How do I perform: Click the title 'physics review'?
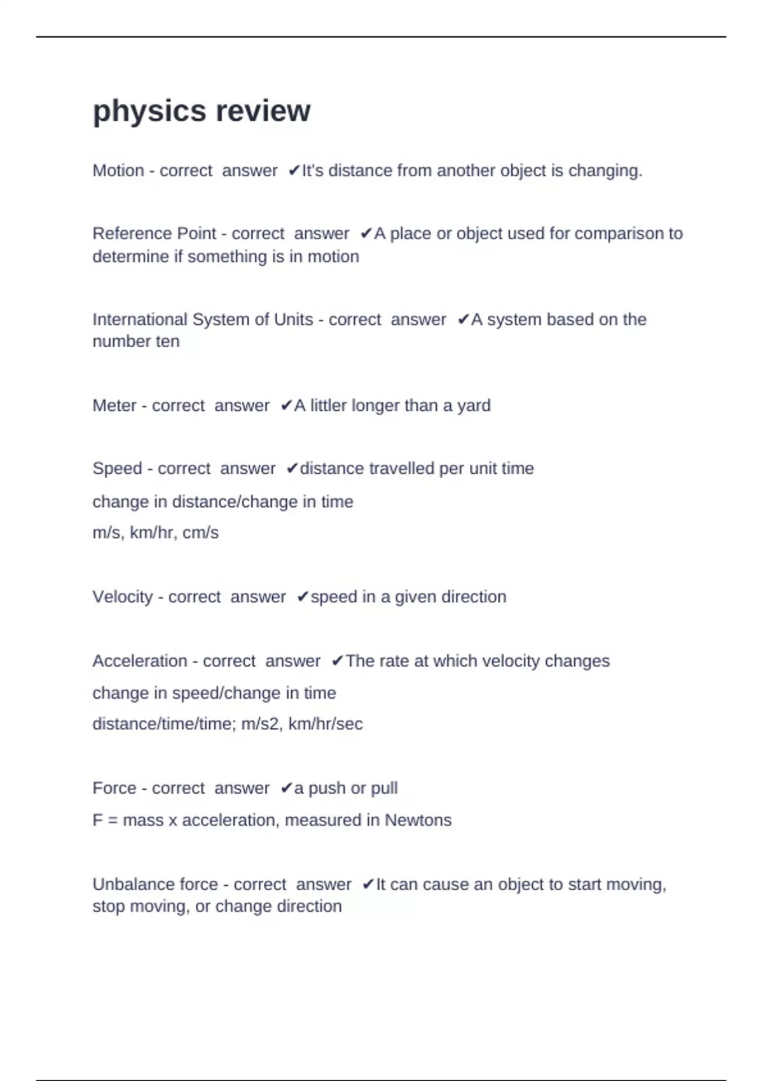tap(202, 111)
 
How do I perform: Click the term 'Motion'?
tap(118, 171)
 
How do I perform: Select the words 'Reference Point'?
tap(155, 234)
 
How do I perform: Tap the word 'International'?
tap(140, 319)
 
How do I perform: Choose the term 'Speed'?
tap(117, 469)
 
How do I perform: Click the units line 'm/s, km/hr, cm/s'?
tap(156, 533)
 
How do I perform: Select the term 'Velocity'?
tap(123, 597)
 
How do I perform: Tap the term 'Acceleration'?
tap(140, 661)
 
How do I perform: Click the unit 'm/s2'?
tap(260, 724)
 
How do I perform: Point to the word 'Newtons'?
tap(418, 820)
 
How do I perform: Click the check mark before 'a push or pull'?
tap(286, 788)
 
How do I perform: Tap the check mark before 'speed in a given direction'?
tap(303, 597)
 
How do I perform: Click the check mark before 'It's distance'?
tap(294, 171)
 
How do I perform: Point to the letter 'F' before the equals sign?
tap(97, 820)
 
